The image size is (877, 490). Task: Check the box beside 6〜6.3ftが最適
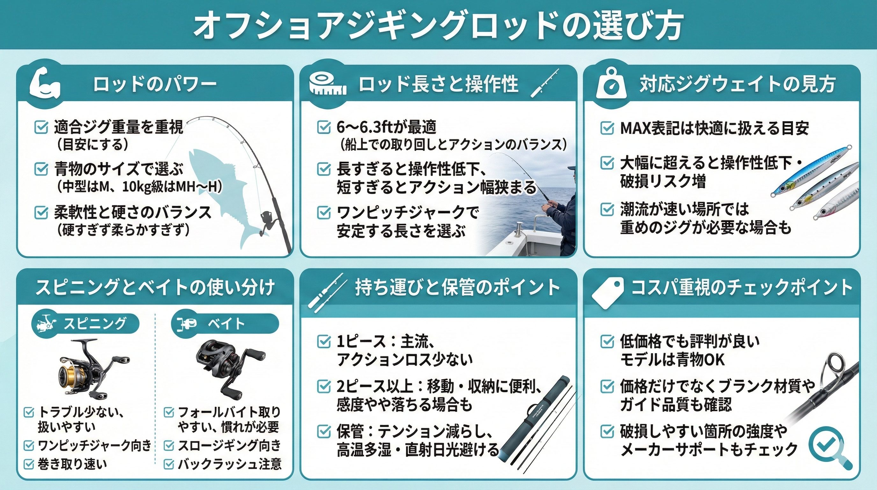pos(323,127)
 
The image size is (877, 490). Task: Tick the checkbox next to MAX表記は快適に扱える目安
pos(607,128)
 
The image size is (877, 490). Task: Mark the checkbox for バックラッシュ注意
pos(169,464)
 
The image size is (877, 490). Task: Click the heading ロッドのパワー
pos(155,84)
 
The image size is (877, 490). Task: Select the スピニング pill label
pos(85,323)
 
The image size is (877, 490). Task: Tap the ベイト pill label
pos(225,323)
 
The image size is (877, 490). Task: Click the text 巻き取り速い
pos(72,464)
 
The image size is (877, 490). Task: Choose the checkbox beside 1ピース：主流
pos(323,341)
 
